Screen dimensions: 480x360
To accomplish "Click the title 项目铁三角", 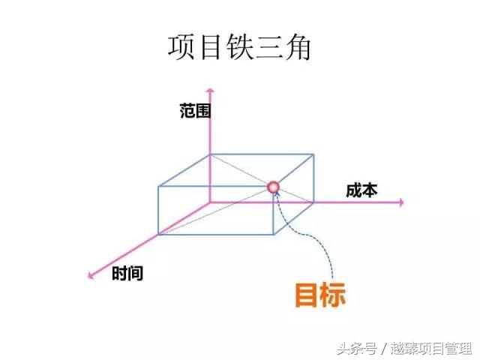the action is (x=238, y=46).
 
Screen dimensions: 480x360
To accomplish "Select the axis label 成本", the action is (x=361, y=190).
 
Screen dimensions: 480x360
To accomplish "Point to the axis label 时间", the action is (x=127, y=274).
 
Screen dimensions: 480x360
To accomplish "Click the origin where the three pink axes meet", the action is (x=211, y=202).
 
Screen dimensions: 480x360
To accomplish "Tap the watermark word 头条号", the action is (x=355, y=348).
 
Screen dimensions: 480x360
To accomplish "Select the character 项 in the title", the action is (x=181, y=46).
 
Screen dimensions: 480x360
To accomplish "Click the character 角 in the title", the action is (x=296, y=46).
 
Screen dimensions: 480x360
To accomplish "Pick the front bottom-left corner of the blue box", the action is (x=159, y=234).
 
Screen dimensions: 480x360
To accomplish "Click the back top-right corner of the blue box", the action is (x=313, y=155).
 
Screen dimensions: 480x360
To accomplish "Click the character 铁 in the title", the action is (x=238, y=46).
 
